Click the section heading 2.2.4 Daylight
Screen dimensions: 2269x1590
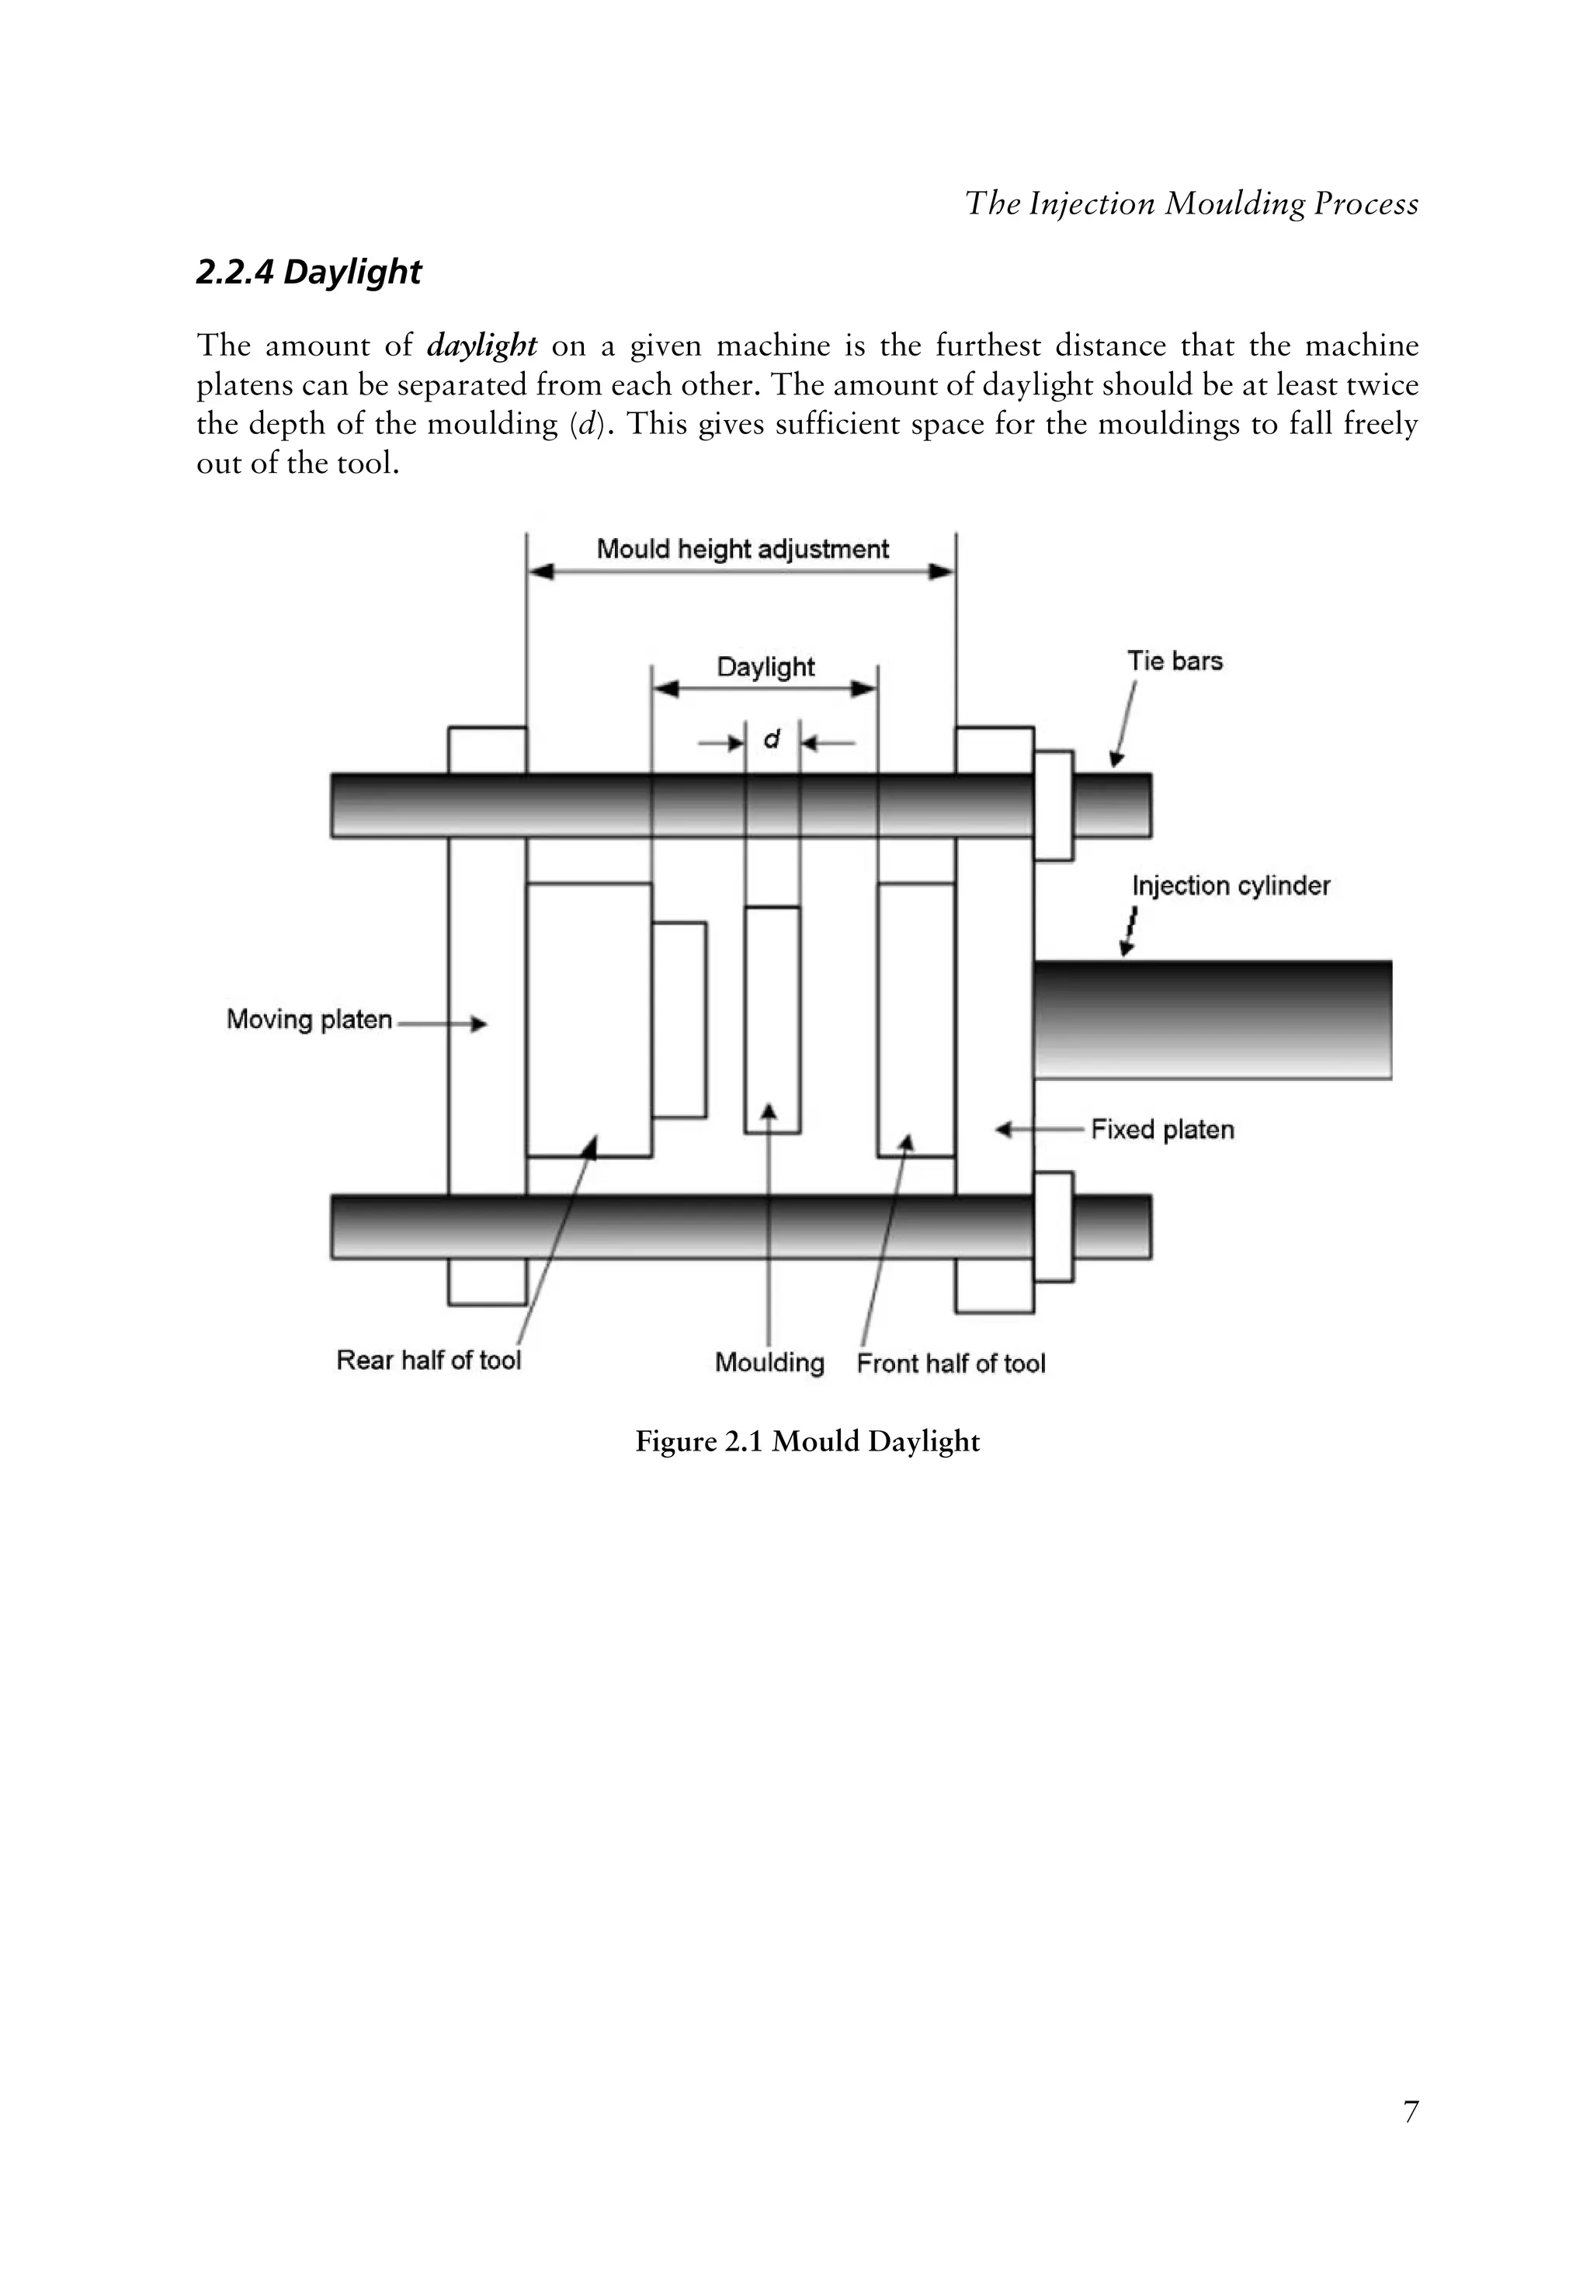pyautogui.click(x=308, y=272)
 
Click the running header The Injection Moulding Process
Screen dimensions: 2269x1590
pyautogui.click(x=1191, y=203)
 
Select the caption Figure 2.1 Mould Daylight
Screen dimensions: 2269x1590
pyautogui.click(x=807, y=1442)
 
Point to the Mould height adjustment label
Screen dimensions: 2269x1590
pyautogui.click(x=742, y=550)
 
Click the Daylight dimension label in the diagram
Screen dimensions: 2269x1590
pyautogui.click(x=765, y=667)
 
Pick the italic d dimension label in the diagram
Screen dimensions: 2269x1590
pyautogui.click(x=772, y=738)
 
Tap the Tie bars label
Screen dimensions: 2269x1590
pyautogui.click(x=1174, y=661)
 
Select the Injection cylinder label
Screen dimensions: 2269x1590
pyautogui.click(x=1231, y=885)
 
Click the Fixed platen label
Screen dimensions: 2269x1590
pyautogui.click(x=1162, y=1130)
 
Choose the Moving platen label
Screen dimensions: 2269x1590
pyautogui.click(x=309, y=1020)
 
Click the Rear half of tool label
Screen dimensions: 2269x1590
pyautogui.click(x=428, y=1360)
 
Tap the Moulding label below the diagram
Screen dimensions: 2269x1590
pyautogui.click(x=769, y=1363)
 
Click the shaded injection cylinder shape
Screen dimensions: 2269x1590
pyautogui.click(x=1213, y=1019)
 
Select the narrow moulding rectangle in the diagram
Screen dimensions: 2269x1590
pyautogui.click(x=772, y=1019)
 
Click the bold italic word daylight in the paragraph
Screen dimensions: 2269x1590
pyautogui.click(x=481, y=346)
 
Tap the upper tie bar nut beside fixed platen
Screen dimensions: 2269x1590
pyautogui.click(x=1054, y=805)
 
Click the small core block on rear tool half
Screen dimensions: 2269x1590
pyautogui.click(x=679, y=1019)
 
